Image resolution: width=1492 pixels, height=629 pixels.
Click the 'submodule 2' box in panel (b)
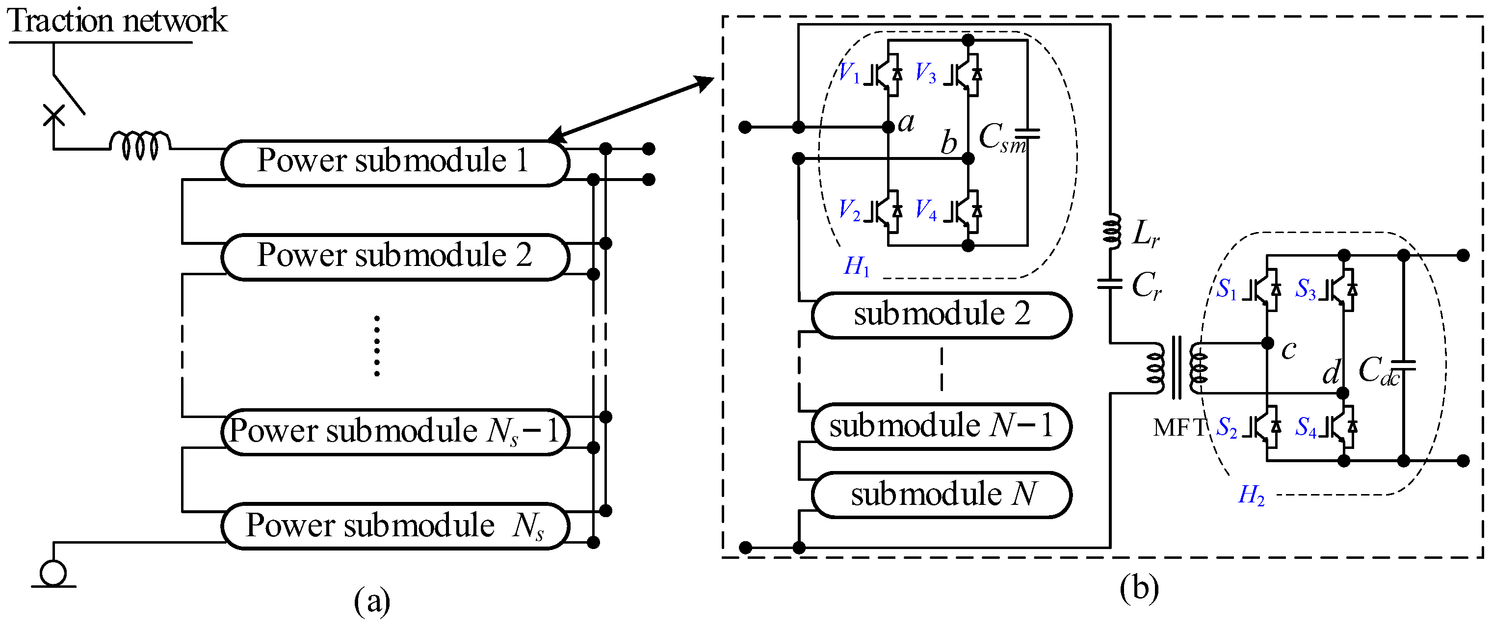[x=941, y=315]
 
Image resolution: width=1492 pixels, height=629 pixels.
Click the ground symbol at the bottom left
[x=53, y=574]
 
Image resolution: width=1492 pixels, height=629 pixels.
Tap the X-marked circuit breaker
[x=54, y=115]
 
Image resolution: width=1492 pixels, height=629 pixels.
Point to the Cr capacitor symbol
[x=1110, y=284]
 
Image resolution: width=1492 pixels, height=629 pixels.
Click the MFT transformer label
[x=1178, y=427]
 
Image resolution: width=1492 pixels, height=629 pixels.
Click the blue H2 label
[x=1251, y=495]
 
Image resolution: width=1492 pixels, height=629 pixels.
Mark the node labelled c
[x=1267, y=343]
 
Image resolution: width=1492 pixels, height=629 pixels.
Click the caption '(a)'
[x=372, y=601]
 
